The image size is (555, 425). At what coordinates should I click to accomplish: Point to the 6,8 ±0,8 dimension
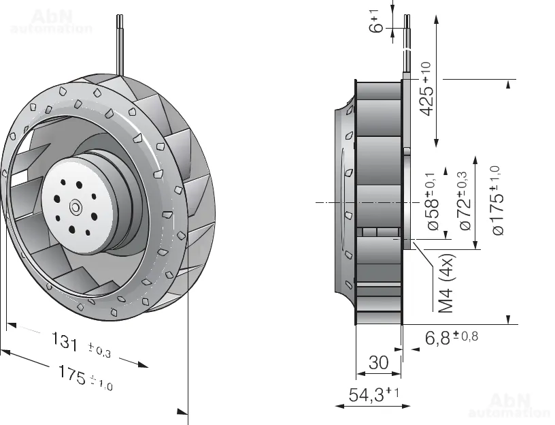pos(451,337)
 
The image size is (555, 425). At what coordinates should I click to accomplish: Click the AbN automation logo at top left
pos(51,20)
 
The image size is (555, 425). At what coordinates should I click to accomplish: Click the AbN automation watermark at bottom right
pos(509,405)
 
